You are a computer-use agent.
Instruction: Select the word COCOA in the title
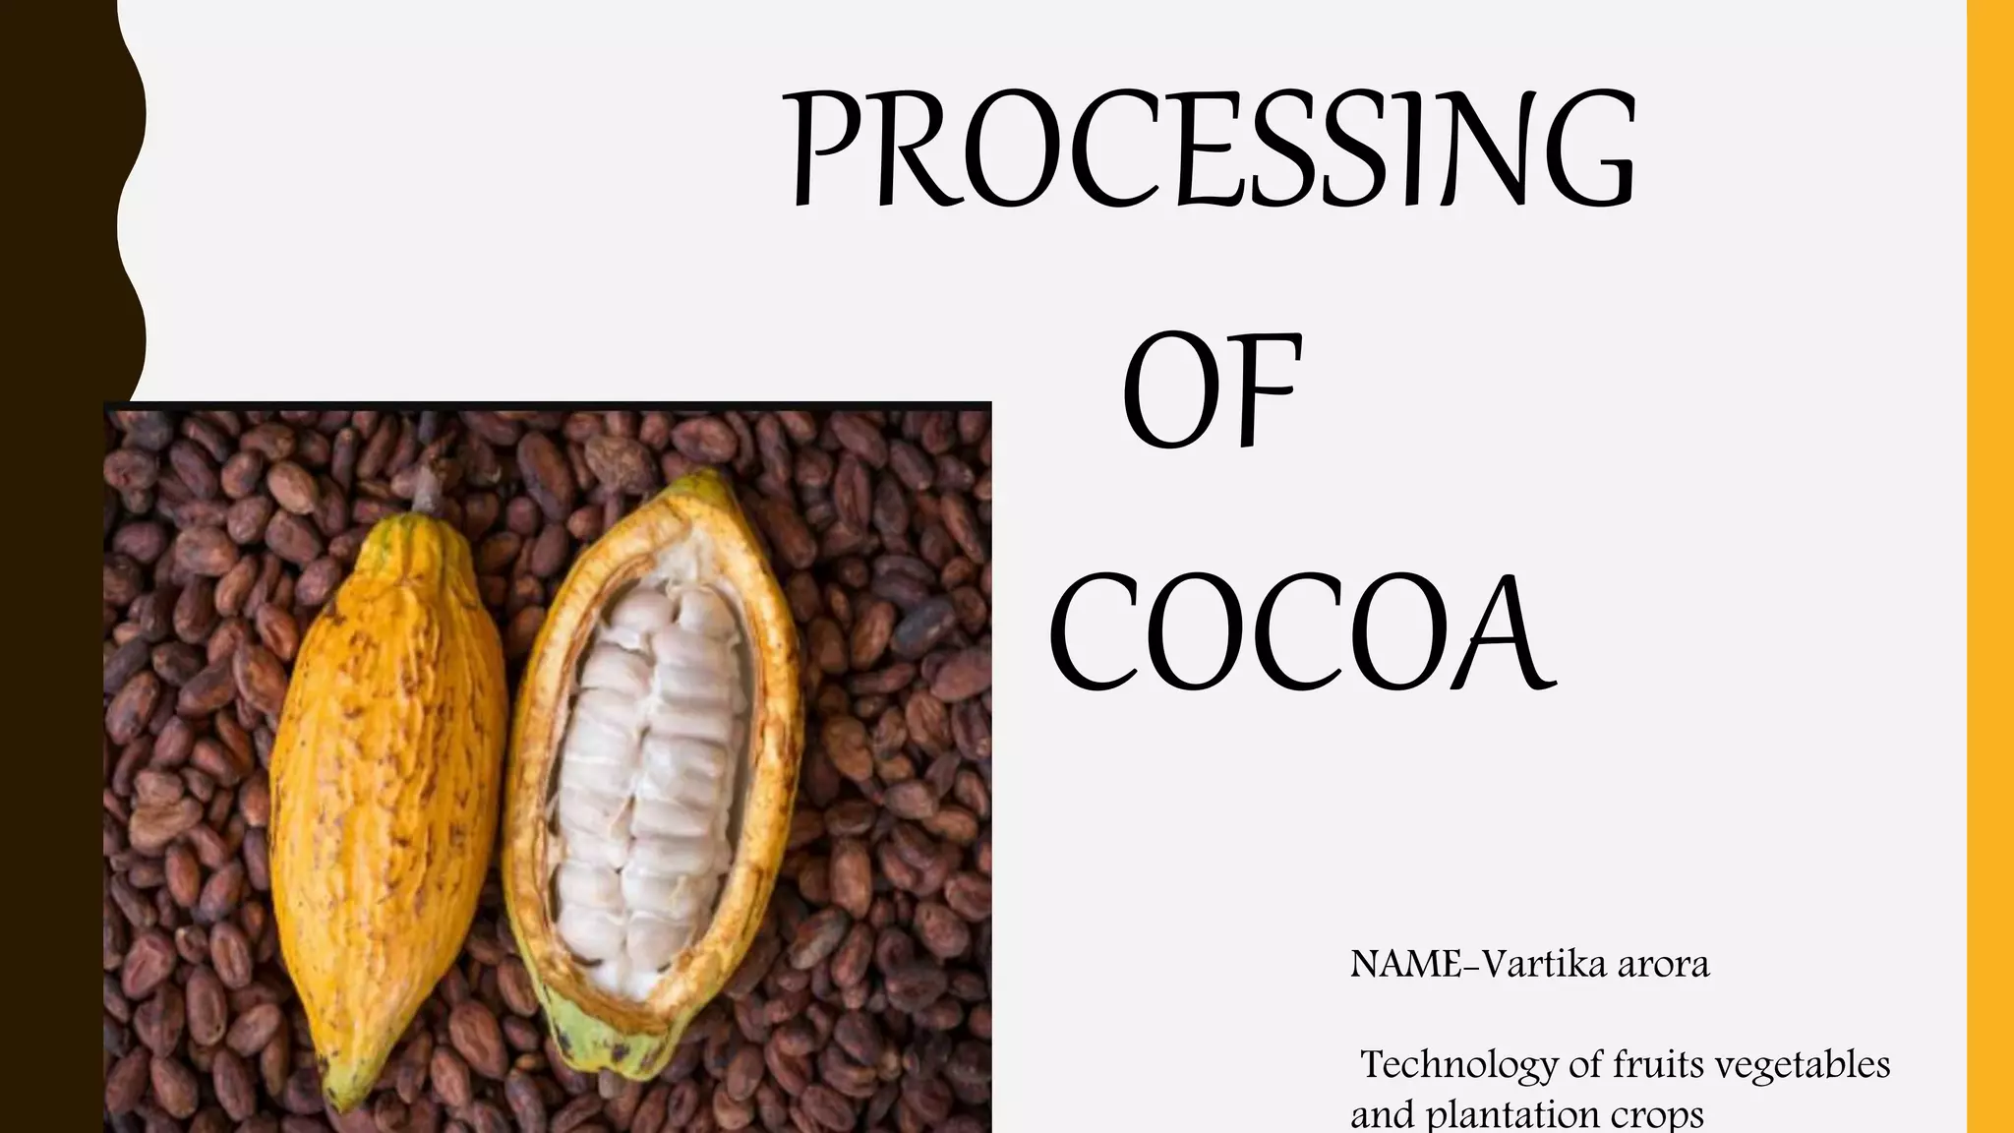tap(1300, 634)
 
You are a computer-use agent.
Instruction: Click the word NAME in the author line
tap(1405, 965)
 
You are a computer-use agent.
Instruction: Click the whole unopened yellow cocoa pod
tap(388, 787)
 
